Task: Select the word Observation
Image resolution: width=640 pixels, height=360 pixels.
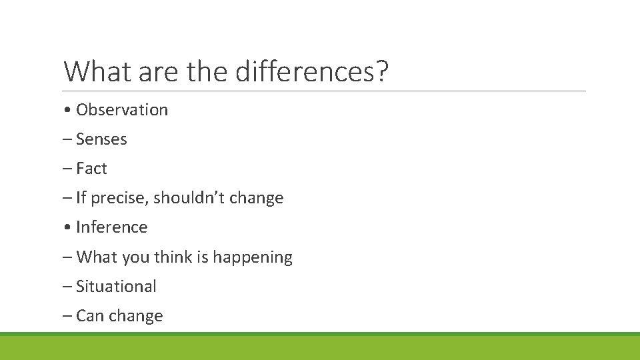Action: (122, 110)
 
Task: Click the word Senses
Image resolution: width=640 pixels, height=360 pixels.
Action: (101, 139)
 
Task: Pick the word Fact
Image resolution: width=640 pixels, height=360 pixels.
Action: (91, 169)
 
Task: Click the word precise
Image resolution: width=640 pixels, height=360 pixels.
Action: (117, 199)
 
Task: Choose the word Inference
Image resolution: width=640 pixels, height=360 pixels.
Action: (111, 227)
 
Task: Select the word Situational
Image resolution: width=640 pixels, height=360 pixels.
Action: (116, 287)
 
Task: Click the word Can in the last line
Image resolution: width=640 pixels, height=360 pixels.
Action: (89, 316)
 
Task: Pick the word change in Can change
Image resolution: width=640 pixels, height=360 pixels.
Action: (137, 316)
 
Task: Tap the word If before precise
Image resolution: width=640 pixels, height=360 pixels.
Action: (81, 198)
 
